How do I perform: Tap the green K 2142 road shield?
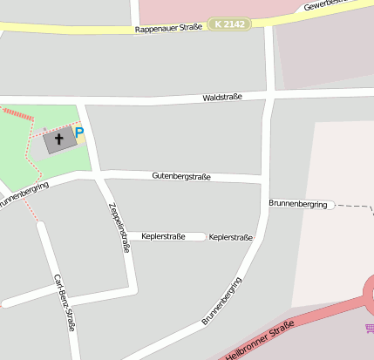[x=228, y=24]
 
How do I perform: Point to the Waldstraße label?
[x=221, y=98]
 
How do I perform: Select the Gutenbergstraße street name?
[x=181, y=176]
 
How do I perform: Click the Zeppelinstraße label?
[x=119, y=228]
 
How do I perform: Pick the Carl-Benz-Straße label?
[x=65, y=302]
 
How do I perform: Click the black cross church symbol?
[x=59, y=139]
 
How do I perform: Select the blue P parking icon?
[x=79, y=133]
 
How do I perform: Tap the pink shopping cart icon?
[x=370, y=328]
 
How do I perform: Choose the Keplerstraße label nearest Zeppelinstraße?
[x=163, y=236]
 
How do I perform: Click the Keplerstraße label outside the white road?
[x=231, y=237]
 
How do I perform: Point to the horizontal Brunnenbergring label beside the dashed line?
[x=298, y=204]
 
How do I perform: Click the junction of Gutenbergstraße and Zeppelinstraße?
[x=99, y=174]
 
